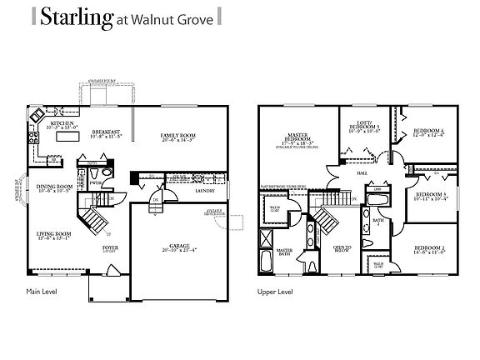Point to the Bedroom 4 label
(x=427, y=131)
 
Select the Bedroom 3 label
(x=432, y=194)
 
